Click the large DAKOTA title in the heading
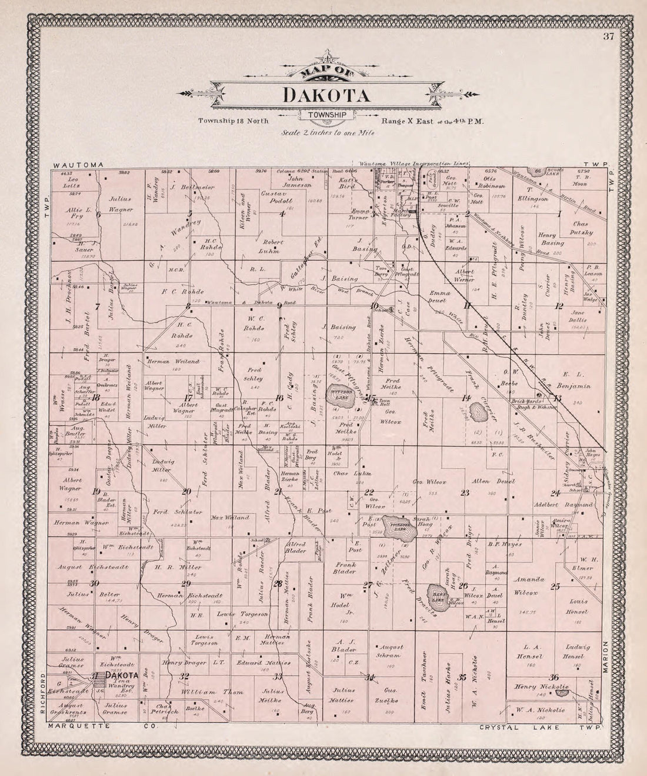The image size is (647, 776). click(x=326, y=95)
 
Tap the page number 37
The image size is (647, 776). click(x=608, y=38)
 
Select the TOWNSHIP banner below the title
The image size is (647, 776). click(x=326, y=115)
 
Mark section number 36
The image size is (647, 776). click(x=553, y=676)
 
